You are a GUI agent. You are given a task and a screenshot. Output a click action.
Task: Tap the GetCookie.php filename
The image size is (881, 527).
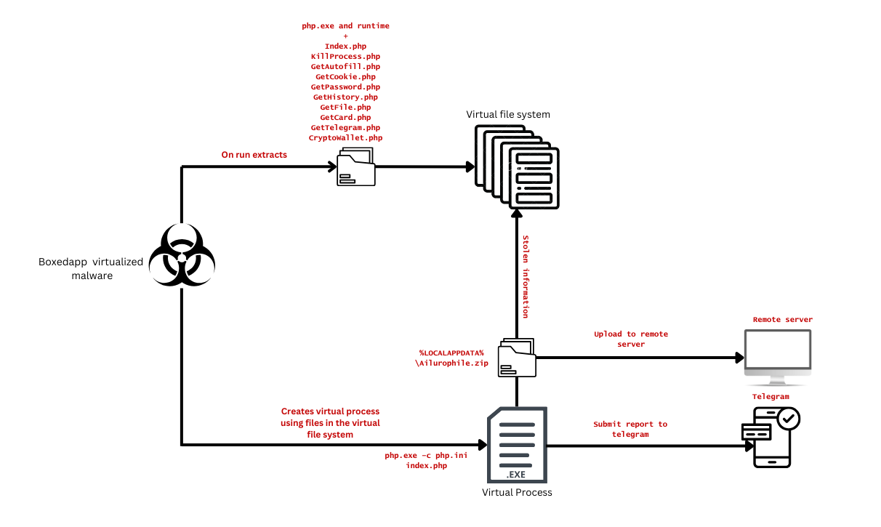point(345,76)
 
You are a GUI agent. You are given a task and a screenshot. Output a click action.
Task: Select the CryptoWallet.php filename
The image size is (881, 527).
point(345,137)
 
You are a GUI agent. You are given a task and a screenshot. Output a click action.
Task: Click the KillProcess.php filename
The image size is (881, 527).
point(345,56)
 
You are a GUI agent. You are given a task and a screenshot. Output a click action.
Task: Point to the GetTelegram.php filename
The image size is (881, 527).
point(345,127)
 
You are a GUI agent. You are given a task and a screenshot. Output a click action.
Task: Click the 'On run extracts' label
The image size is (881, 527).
point(254,155)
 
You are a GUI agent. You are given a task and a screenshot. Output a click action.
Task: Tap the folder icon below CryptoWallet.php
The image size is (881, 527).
point(356,167)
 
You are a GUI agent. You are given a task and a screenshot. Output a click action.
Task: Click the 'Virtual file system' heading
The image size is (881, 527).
point(508,114)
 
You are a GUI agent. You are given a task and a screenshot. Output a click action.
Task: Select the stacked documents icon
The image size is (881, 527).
point(517,166)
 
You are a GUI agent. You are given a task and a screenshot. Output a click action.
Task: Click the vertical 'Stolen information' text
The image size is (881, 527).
point(525,276)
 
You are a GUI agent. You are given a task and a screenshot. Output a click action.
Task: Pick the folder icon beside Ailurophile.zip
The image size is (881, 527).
point(517,358)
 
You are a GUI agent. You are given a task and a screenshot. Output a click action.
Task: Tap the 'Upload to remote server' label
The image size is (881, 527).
point(630,339)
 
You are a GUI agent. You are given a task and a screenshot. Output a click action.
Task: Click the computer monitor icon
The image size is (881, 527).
point(777,356)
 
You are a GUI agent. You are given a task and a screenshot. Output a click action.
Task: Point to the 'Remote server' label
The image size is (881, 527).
point(782,319)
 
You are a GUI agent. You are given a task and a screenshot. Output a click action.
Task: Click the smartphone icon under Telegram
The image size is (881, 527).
point(771,437)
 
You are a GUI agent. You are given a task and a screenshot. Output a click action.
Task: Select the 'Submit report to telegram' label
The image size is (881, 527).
point(629,429)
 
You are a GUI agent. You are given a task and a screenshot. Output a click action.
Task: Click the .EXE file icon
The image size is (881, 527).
point(516,445)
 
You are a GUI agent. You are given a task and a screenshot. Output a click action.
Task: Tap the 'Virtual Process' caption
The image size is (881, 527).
point(517,492)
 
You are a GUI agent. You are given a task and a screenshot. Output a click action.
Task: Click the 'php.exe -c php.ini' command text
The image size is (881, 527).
point(426,455)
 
